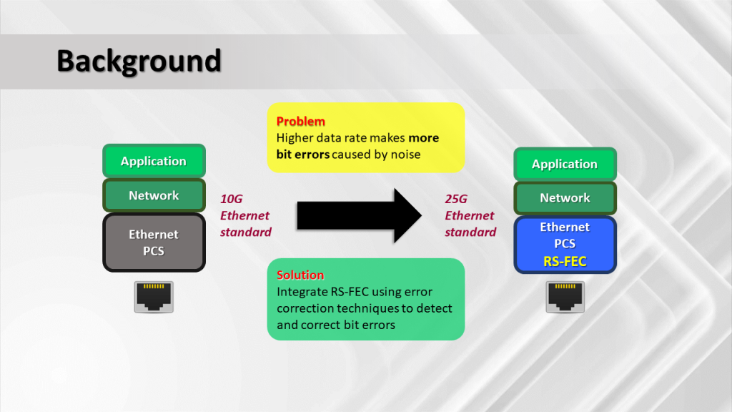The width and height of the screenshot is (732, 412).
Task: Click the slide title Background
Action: (x=139, y=62)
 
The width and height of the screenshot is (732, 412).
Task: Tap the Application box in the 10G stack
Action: (x=154, y=161)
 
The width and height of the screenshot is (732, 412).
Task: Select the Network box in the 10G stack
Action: (x=154, y=195)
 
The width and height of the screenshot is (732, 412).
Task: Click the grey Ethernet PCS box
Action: (x=154, y=242)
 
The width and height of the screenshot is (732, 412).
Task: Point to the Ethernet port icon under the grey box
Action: (x=154, y=297)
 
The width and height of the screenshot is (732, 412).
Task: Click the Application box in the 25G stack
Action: (x=565, y=164)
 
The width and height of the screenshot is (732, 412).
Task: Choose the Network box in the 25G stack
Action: (x=565, y=198)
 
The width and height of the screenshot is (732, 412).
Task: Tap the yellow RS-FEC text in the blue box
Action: (x=565, y=261)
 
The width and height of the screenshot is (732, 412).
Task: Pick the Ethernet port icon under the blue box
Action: (x=565, y=297)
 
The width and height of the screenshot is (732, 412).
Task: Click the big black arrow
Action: (x=359, y=215)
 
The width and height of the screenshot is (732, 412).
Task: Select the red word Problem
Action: (x=301, y=122)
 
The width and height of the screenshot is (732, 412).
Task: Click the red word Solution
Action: (x=300, y=275)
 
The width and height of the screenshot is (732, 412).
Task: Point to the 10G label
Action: (x=231, y=199)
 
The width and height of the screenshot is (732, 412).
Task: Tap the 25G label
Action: (x=455, y=199)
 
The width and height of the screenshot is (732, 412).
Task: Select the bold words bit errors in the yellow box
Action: (x=303, y=154)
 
